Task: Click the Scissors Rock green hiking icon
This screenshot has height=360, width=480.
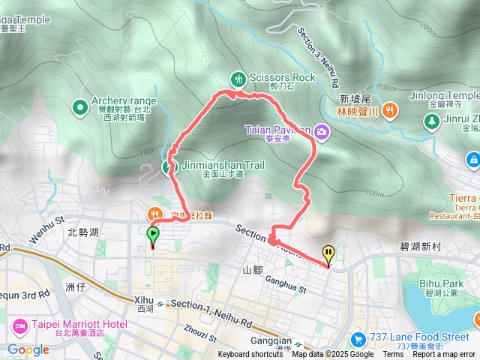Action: tap(238, 77)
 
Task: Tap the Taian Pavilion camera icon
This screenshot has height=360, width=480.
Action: tap(322, 132)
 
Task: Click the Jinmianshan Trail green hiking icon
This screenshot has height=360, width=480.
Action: tap(168, 166)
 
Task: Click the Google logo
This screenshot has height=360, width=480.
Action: tap(28, 349)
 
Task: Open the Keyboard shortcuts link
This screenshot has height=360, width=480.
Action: tap(250, 355)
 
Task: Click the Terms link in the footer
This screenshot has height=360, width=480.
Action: tap(393, 355)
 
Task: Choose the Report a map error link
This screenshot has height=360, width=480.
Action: tap(444, 355)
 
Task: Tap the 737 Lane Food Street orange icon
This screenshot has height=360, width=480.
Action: tap(358, 338)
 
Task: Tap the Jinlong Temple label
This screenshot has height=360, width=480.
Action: tap(444, 97)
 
